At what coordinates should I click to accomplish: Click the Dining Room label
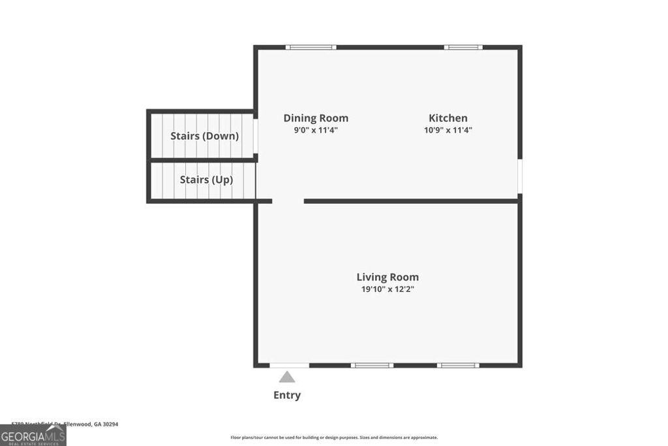click(316, 118)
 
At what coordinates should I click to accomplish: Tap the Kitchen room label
click(448, 118)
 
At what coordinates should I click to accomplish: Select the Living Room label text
click(387, 277)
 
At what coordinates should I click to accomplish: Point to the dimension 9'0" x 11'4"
click(316, 130)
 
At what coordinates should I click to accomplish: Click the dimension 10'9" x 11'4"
click(448, 130)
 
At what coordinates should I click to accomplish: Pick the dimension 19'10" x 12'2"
click(387, 289)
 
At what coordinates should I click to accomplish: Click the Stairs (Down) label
click(204, 136)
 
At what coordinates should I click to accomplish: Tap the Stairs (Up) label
click(206, 180)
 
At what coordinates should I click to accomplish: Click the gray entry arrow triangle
click(287, 377)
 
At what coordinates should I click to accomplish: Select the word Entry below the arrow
click(287, 395)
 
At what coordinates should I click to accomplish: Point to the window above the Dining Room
click(311, 47)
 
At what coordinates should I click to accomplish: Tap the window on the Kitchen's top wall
click(463, 47)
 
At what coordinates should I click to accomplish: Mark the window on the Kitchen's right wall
click(520, 176)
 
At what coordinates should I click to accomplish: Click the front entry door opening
click(290, 365)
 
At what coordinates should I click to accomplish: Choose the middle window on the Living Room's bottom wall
click(372, 365)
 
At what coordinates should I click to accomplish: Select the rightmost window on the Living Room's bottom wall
click(458, 365)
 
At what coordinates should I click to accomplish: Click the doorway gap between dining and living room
click(288, 201)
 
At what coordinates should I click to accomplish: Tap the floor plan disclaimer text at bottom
click(334, 438)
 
